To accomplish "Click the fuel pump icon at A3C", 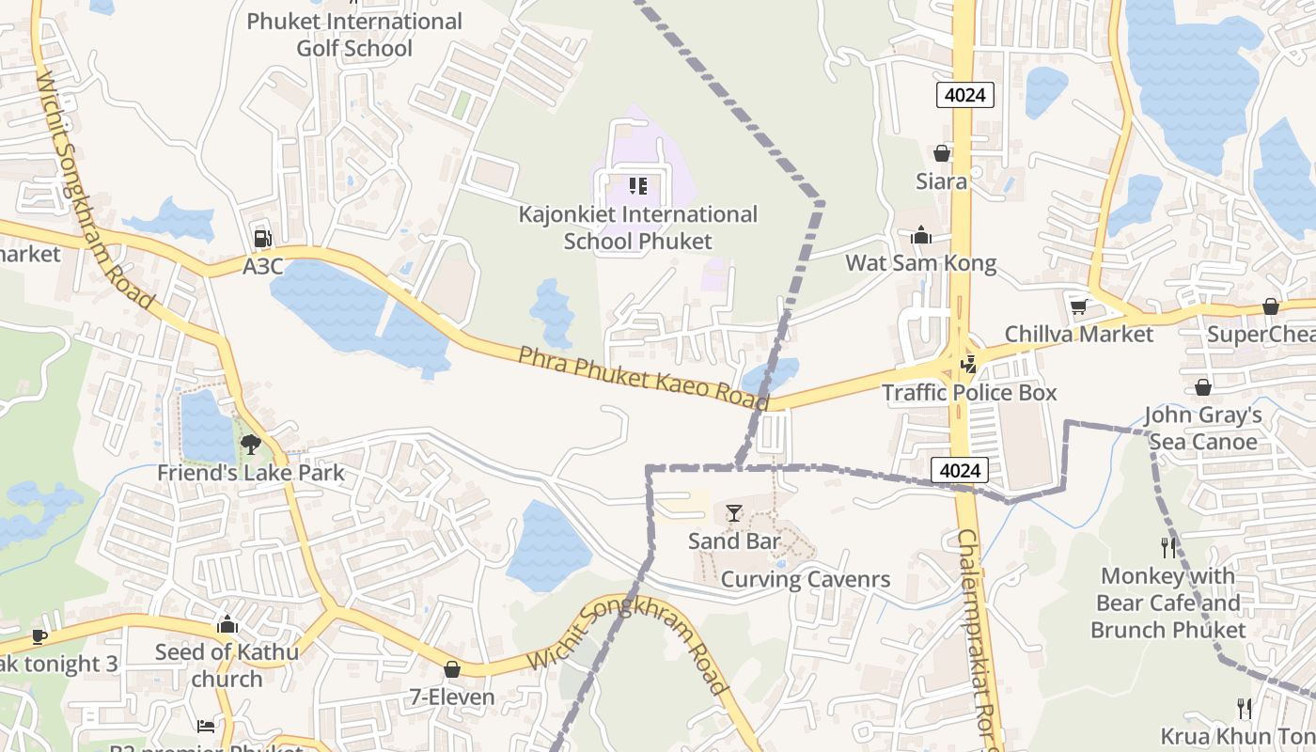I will pyautogui.click(x=262, y=239).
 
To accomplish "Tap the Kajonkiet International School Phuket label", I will pyautogui.click(x=637, y=227).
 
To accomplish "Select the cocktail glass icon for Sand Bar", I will pyautogui.click(x=734, y=513).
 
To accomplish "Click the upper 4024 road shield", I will pyautogui.click(x=964, y=94).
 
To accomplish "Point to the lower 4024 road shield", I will pyautogui.click(x=960, y=470).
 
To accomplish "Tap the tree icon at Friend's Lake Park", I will pyautogui.click(x=250, y=444).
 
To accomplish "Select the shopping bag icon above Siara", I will pyautogui.click(x=941, y=153).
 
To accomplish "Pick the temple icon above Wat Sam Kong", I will pyautogui.click(x=920, y=235).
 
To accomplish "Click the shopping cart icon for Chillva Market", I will pyautogui.click(x=1078, y=306).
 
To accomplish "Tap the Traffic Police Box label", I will pyautogui.click(x=969, y=392).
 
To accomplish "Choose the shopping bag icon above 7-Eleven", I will pyautogui.click(x=452, y=669).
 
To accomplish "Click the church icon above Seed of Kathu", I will pyautogui.click(x=227, y=624).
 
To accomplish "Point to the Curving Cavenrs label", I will pyautogui.click(x=805, y=579).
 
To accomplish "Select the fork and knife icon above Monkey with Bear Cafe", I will pyautogui.click(x=1168, y=547).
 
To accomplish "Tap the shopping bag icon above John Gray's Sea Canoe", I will pyautogui.click(x=1202, y=387).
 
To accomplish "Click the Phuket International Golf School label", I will pyautogui.click(x=354, y=35).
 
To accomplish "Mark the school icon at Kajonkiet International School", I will pyautogui.click(x=638, y=186).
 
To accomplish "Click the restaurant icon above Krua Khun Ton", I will pyautogui.click(x=1245, y=708).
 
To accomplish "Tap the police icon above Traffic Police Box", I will pyautogui.click(x=968, y=364).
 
